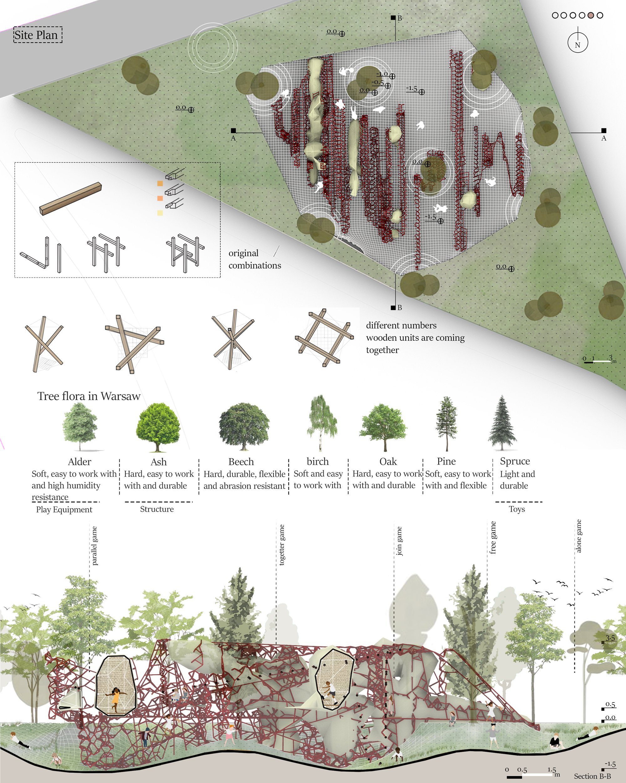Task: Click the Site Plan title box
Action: tap(38, 35)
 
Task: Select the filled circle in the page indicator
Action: tap(591, 15)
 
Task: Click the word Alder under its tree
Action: tap(80, 462)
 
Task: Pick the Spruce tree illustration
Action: tap(502, 423)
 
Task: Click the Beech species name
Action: tap(241, 462)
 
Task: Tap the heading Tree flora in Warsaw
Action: tap(89, 396)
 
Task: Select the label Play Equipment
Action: tap(64, 510)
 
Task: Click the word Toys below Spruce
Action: tap(517, 509)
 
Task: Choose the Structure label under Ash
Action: tap(157, 509)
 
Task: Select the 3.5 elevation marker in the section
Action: tap(610, 638)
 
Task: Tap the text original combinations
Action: tap(255, 259)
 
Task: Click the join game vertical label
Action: tap(399, 541)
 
